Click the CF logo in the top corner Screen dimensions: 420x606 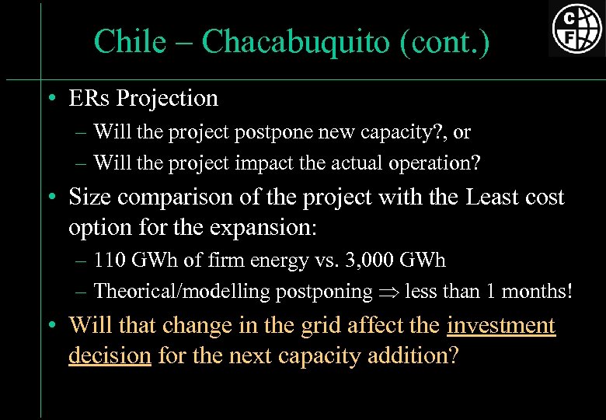tap(576, 28)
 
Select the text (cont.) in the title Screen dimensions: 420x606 tap(444, 42)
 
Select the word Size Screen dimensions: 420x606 tap(89, 198)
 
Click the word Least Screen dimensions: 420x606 tap(497, 198)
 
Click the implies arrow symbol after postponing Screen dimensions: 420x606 tap(389, 292)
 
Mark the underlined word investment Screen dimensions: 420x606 tap(501, 325)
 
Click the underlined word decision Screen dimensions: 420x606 tap(110, 355)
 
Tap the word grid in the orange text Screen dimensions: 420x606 tap(334, 325)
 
